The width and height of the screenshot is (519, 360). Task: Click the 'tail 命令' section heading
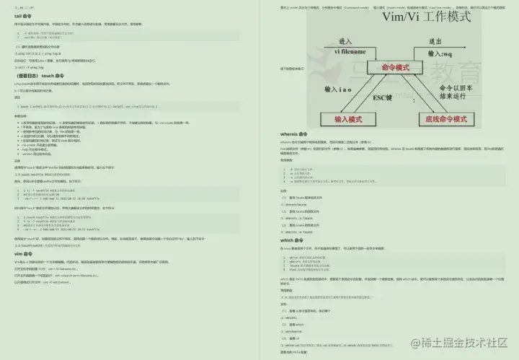(x=23, y=15)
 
